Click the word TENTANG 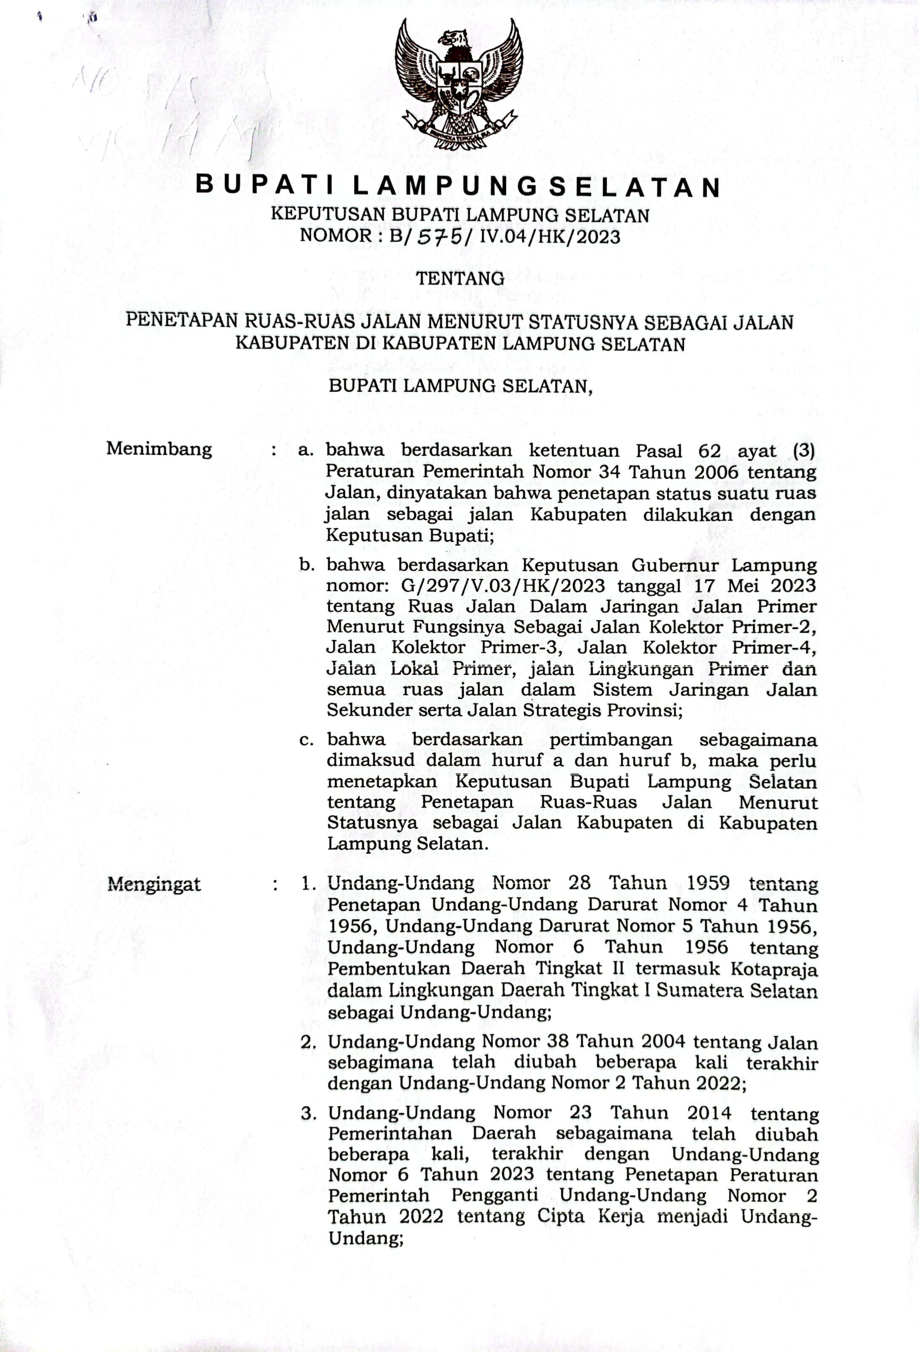pos(460,279)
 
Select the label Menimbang pos(159,449)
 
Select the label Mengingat pos(154,885)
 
